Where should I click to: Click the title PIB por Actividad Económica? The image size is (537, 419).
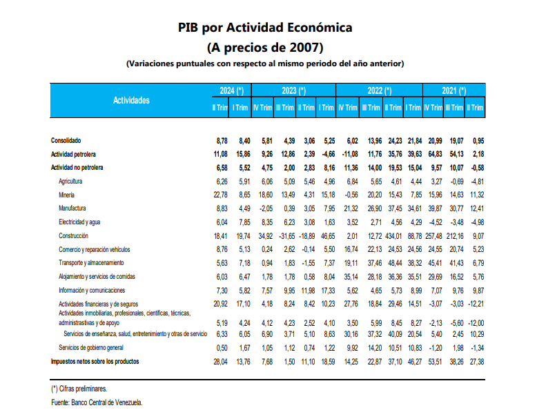(265, 28)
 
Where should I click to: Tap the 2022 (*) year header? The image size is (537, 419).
(379, 90)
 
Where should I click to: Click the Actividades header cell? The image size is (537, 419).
(131, 100)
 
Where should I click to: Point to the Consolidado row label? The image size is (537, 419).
(66, 140)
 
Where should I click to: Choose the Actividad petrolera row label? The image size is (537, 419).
(74, 154)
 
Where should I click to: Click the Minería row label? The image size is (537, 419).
(67, 195)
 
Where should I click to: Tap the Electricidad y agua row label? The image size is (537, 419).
(81, 222)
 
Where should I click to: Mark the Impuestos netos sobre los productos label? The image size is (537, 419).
(95, 361)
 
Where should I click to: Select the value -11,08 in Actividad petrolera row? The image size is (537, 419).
(349, 154)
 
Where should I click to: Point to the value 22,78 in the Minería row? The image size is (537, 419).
(219, 195)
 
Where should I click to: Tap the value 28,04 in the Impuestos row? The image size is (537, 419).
(219, 361)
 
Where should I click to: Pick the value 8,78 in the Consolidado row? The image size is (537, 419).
(221, 140)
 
